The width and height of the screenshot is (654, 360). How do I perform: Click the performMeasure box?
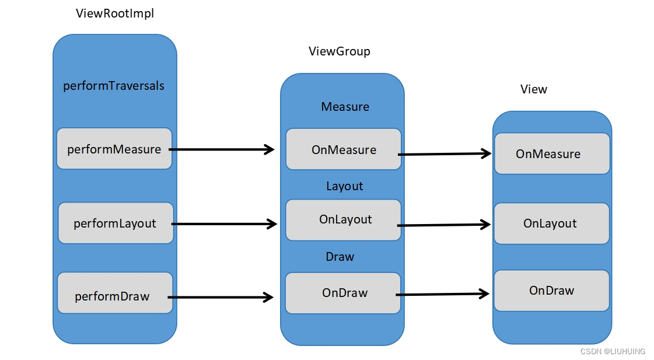[x=114, y=149]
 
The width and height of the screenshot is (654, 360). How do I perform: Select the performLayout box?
[x=116, y=223]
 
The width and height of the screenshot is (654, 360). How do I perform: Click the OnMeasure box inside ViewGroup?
[x=343, y=149]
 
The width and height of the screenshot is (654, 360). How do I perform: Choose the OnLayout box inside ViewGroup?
[x=343, y=220]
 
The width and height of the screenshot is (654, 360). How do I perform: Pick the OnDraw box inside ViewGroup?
[x=343, y=292]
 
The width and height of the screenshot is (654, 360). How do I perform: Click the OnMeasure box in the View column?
[x=551, y=153]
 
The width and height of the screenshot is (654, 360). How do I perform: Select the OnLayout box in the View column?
[x=551, y=223]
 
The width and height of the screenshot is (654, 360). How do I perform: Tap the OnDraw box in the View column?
[x=551, y=291]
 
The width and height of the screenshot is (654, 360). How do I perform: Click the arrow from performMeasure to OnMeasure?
[x=222, y=149]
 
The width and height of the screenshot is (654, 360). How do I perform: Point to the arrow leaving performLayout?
[x=225, y=223]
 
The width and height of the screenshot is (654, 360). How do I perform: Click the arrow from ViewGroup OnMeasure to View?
[x=444, y=154]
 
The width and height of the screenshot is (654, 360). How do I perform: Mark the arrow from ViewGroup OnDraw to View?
[x=444, y=294]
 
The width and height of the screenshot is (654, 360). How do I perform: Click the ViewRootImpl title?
[x=115, y=13]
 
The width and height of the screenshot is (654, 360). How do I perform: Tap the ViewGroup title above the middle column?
[x=339, y=51]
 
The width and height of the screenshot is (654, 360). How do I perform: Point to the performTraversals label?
[x=114, y=86]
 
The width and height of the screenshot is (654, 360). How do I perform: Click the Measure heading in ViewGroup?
[x=345, y=107]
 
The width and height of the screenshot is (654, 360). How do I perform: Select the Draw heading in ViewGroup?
[x=340, y=257]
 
